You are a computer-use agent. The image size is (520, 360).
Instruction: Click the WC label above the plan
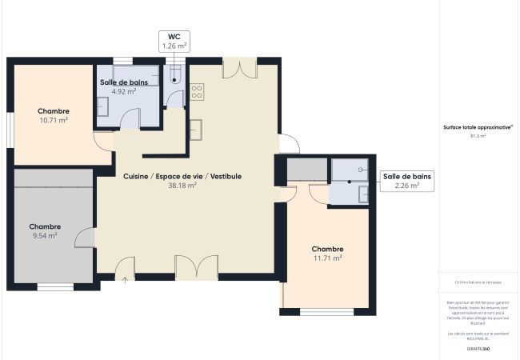point(174,37)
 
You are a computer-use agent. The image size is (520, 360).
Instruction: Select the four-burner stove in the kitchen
point(196,92)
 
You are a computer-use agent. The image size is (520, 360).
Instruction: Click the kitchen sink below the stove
point(196,129)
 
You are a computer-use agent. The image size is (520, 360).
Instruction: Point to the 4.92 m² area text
point(123,91)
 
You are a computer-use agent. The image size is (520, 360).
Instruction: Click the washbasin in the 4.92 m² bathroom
point(104,107)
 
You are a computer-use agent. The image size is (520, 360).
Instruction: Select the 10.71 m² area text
point(54,120)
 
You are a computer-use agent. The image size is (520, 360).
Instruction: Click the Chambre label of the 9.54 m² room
point(45,226)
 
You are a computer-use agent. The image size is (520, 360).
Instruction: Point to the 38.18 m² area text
point(182,185)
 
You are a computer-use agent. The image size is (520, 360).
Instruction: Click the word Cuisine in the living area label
point(135,176)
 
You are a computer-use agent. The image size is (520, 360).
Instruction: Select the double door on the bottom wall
point(196,268)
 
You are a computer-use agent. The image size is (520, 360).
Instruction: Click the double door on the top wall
point(239,69)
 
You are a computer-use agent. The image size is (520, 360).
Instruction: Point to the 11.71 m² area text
point(327,258)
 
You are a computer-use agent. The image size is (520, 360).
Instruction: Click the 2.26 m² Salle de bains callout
point(407,181)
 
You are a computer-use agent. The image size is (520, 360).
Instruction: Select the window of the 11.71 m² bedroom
point(326,311)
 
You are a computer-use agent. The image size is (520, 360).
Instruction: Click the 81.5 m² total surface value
point(478,136)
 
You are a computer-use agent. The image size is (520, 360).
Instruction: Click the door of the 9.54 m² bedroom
point(86,237)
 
